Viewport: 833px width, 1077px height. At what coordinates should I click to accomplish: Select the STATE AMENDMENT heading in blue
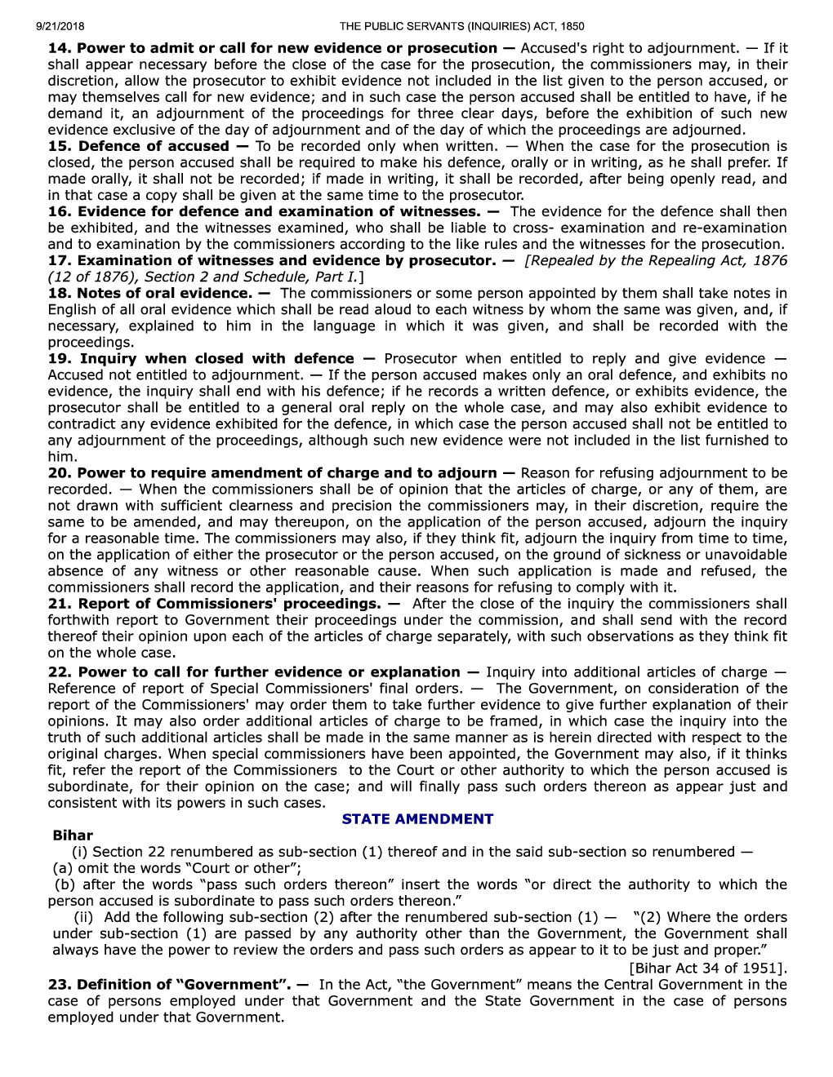pyautogui.click(x=417, y=819)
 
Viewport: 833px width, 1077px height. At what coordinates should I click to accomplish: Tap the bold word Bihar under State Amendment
pyautogui.click(x=73, y=835)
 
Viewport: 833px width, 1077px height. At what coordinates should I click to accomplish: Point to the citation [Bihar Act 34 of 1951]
pyautogui.click(x=708, y=968)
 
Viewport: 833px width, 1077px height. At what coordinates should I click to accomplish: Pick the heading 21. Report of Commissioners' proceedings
pyautogui.click(x=214, y=604)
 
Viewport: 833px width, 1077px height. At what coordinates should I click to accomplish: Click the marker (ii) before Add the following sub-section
pyautogui.click(x=82, y=917)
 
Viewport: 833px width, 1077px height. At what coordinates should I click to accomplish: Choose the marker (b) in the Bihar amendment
pyautogui.click(x=65, y=884)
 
